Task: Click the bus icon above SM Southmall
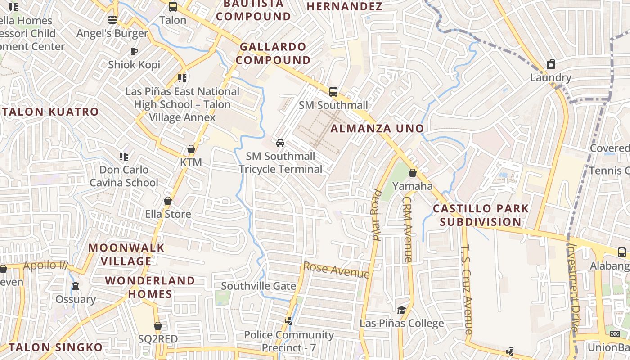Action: (333, 91)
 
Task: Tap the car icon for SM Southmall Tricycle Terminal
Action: (280, 143)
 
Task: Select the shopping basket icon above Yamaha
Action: (412, 173)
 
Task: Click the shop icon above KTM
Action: (191, 149)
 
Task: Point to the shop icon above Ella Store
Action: (168, 201)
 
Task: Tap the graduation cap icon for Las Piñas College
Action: (401, 310)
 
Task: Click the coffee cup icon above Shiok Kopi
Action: (134, 52)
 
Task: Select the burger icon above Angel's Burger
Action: (112, 20)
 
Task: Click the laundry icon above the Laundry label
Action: (550, 64)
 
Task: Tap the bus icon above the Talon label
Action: (173, 7)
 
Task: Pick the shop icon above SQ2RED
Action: (157, 326)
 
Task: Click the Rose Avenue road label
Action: (337, 270)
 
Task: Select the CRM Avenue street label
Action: (407, 229)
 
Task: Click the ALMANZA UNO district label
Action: (377, 129)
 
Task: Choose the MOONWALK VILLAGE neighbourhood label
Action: (126, 254)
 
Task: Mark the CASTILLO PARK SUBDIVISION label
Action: (481, 215)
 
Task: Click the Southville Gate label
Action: (258, 286)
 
